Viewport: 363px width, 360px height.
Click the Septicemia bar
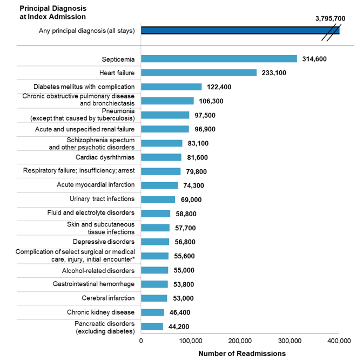(x=219, y=58)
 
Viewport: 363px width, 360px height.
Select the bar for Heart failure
(x=199, y=72)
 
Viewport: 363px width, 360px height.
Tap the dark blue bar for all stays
(x=240, y=30)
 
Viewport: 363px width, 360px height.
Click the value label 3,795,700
(x=330, y=18)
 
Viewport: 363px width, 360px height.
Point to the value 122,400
(x=220, y=87)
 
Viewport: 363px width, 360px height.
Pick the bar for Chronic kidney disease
(x=152, y=312)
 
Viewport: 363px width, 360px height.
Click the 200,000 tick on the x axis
(x=240, y=341)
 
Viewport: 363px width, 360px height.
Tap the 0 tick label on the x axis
(x=141, y=341)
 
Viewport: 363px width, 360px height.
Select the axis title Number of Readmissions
(x=241, y=354)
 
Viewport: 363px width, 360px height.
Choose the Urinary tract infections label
(x=102, y=199)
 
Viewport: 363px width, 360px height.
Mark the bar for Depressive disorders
(x=155, y=242)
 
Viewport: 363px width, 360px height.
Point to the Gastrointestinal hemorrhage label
(x=93, y=284)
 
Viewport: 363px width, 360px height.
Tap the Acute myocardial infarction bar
(x=159, y=185)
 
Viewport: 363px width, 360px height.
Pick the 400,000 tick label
(x=339, y=341)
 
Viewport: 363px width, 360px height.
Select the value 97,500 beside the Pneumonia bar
(x=206, y=115)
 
